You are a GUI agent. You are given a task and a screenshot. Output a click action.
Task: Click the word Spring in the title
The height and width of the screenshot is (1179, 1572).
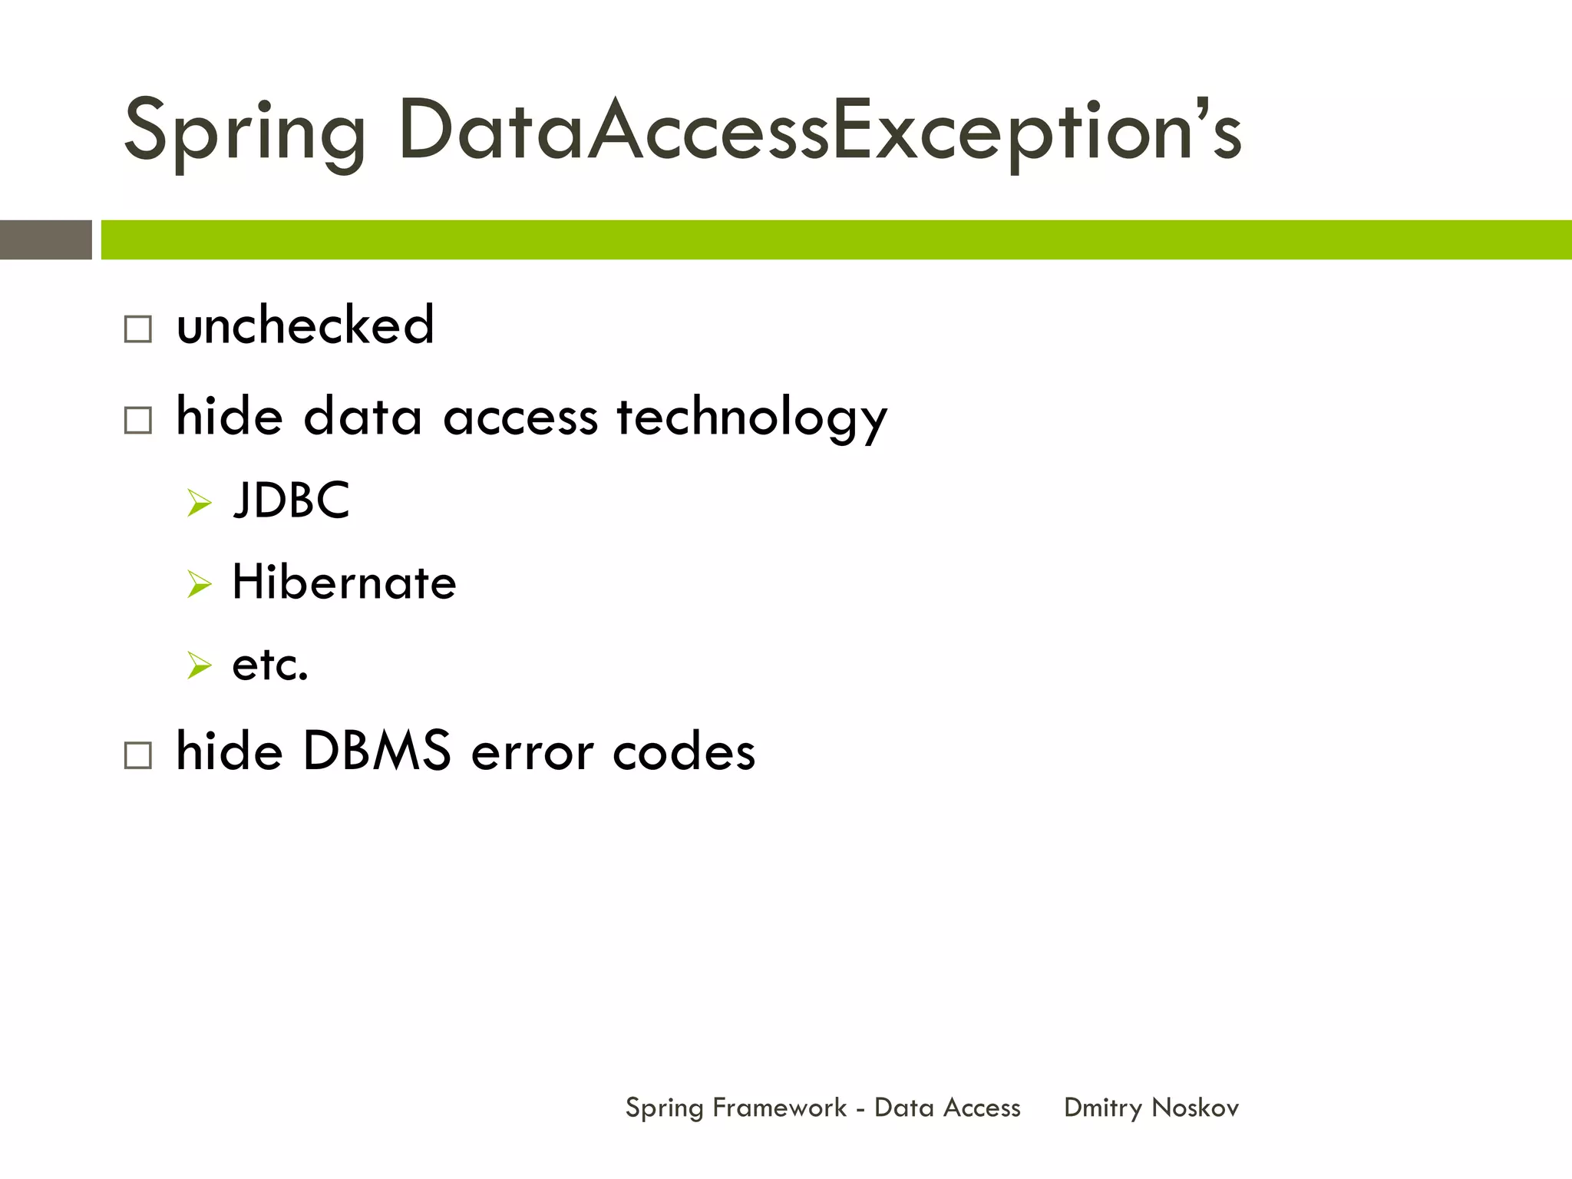coord(244,132)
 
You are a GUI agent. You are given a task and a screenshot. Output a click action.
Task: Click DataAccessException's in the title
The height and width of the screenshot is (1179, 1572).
coord(819,132)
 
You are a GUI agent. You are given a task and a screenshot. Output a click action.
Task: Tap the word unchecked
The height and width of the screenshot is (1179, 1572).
coord(305,325)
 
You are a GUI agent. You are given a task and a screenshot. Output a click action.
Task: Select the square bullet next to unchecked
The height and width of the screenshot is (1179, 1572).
coord(138,329)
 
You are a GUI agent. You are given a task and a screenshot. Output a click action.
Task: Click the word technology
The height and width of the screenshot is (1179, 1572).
coord(751,418)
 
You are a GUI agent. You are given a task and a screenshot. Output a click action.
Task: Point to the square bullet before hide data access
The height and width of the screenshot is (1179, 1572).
coord(138,421)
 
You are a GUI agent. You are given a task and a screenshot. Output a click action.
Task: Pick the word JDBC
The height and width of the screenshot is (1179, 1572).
coord(292,500)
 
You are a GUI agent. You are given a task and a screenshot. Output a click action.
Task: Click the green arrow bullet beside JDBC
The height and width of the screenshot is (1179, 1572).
coord(199,504)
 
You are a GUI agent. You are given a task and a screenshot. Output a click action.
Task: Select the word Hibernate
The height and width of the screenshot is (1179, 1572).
coord(344,583)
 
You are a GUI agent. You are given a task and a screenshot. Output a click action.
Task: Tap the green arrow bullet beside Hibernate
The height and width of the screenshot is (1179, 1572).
coord(199,585)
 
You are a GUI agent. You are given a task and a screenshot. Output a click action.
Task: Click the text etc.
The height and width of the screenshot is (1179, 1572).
coord(270,665)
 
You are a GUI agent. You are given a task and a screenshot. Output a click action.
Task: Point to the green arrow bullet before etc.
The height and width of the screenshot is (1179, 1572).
coord(199,665)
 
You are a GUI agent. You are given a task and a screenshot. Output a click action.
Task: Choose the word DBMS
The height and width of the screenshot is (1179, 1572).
coord(377,751)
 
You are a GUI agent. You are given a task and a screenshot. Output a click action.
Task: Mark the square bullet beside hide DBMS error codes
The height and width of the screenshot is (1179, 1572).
coord(138,755)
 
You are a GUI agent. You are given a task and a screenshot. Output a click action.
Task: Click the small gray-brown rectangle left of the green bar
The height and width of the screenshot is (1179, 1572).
coord(45,239)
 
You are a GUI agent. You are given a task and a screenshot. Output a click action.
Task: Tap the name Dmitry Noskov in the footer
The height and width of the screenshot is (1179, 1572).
coord(1151,1108)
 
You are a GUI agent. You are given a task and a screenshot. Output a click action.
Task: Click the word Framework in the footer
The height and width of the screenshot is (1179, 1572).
coord(779,1108)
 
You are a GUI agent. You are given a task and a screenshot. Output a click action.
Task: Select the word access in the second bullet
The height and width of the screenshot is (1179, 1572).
coord(520,419)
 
